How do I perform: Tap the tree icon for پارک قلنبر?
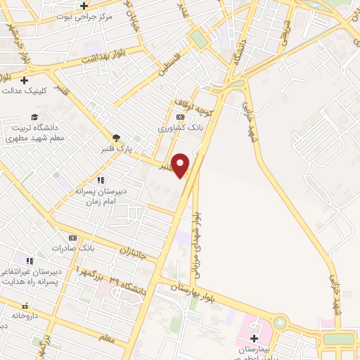pos(117,138)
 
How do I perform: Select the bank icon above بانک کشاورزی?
pos(181,117)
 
